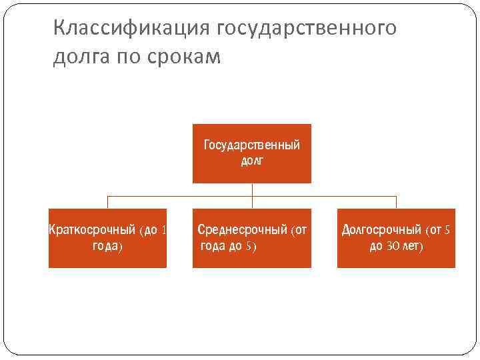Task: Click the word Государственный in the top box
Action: coord(251,145)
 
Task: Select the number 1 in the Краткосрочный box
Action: coord(163,231)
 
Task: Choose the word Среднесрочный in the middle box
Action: coord(243,231)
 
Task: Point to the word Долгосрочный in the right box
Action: coord(382,231)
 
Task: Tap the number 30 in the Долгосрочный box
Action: coord(391,246)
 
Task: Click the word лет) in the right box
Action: coord(413,246)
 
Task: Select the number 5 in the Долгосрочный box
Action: coord(447,231)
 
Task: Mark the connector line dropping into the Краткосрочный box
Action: coord(107,202)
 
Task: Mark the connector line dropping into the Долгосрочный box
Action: coord(396,202)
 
